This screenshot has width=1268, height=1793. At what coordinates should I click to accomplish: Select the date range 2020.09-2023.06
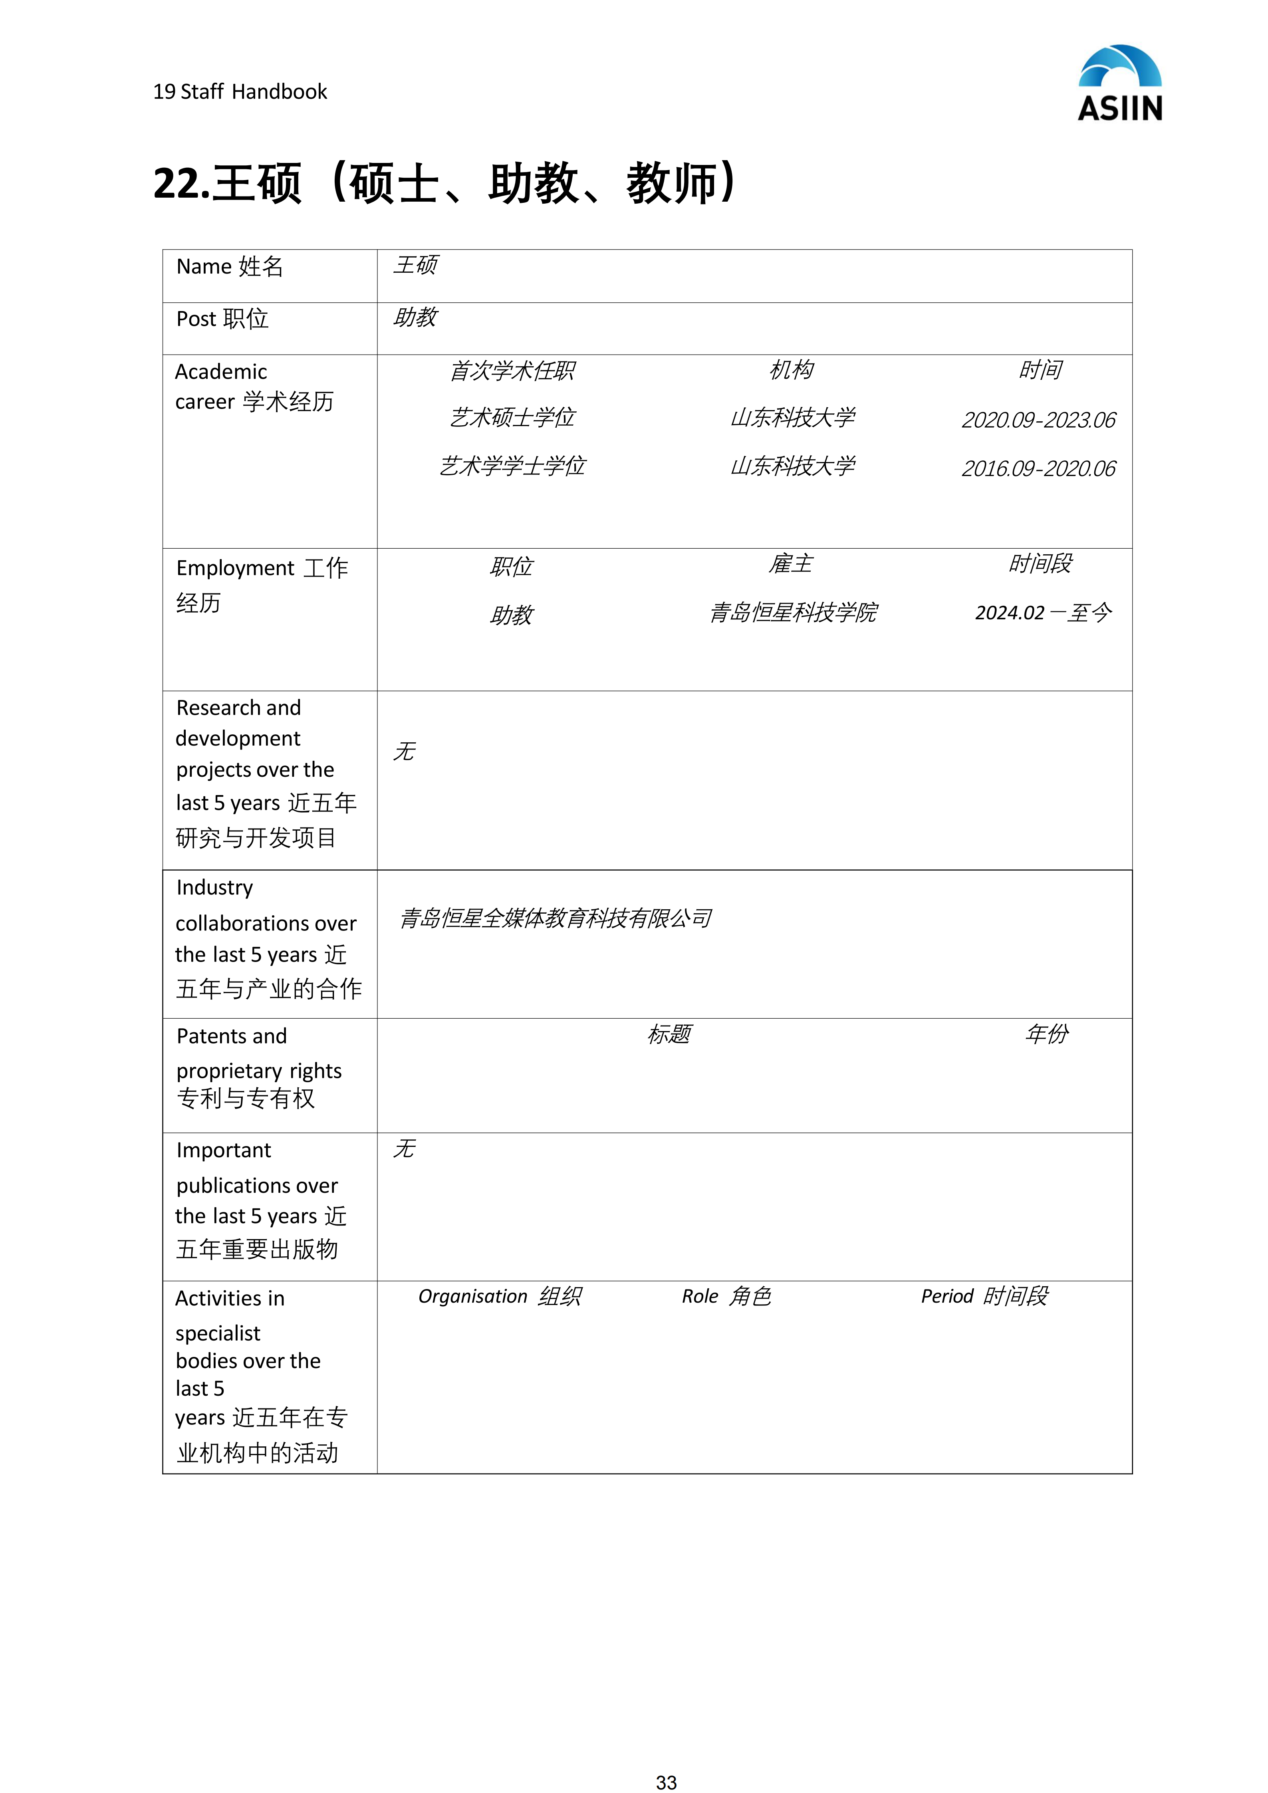[1038, 420]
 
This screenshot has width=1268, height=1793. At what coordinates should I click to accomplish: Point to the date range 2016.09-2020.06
[1038, 468]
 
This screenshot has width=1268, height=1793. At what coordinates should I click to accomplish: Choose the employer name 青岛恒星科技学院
[792, 613]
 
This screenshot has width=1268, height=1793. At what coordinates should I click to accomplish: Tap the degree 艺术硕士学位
[512, 418]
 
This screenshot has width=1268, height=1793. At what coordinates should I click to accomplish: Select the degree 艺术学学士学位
[512, 466]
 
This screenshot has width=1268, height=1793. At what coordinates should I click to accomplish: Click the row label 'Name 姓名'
[230, 267]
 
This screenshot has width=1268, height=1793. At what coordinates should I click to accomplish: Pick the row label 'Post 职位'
[222, 319]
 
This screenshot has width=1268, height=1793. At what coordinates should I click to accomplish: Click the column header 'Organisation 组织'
[500, 1296]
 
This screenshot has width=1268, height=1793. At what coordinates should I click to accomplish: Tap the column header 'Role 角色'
[726, 1296]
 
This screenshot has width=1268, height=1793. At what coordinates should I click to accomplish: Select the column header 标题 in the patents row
[669, 1035]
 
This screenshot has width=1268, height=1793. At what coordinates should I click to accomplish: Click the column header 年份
[1046, 1035]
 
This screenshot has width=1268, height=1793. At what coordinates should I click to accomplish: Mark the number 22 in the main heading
[177, 184]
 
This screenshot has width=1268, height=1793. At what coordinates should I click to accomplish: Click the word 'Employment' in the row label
[235, 569]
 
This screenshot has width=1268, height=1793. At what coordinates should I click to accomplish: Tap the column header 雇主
[791, 564]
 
